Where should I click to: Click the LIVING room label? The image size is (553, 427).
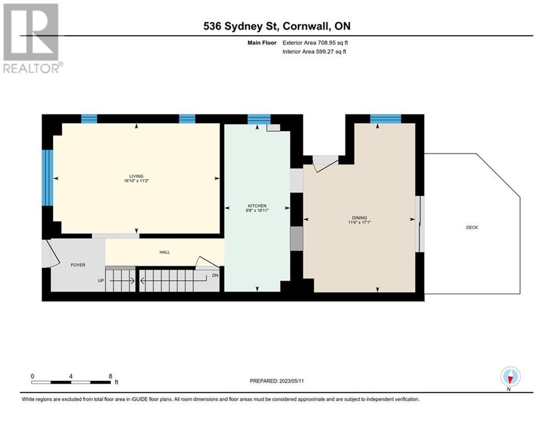pos(137,176)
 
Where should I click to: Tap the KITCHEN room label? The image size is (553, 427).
pos(257,206)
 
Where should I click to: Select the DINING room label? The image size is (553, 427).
pos(360,218)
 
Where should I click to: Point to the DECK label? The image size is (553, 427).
pos(472,227)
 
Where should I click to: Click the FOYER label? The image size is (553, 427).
pos(78,265)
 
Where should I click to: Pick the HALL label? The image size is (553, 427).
pos(165,252)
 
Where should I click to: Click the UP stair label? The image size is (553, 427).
pos(101,281)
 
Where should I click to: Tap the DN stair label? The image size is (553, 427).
pos(215,275)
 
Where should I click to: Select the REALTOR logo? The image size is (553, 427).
pos(32,38)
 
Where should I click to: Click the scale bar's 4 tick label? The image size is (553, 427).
pos(71,376)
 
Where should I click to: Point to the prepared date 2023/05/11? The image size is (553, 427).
pos(291,381)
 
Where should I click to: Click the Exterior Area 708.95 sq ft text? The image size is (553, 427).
pos(315,43)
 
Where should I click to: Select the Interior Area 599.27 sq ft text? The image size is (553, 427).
pos(314,52)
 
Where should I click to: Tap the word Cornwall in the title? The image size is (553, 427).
pos(305,26)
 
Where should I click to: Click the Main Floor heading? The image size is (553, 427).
pos(262,43)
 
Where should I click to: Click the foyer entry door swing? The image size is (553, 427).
pos(51,253)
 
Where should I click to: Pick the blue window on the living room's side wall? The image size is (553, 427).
pos(47,178)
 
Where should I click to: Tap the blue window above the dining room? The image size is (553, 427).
pos(386,118)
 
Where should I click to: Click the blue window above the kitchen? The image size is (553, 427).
pos(259,120)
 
